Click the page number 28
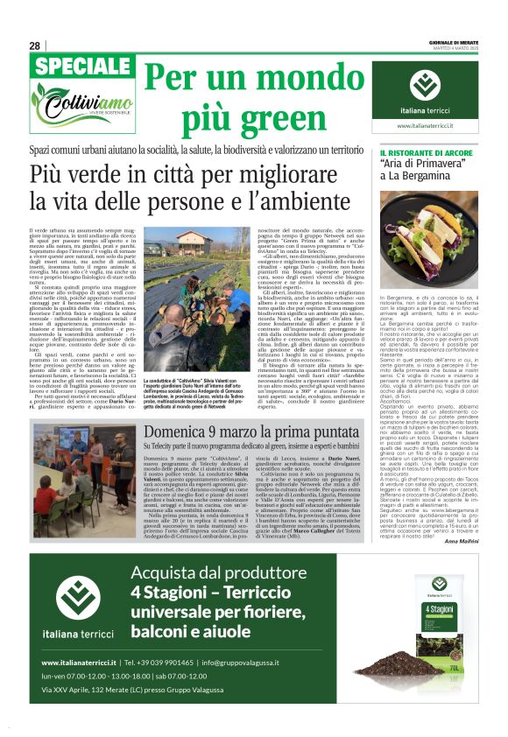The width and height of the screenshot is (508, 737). click(35, 46)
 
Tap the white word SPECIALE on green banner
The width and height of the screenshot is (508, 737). click(82, 67)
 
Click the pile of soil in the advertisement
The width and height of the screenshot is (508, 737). click(385, 661)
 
